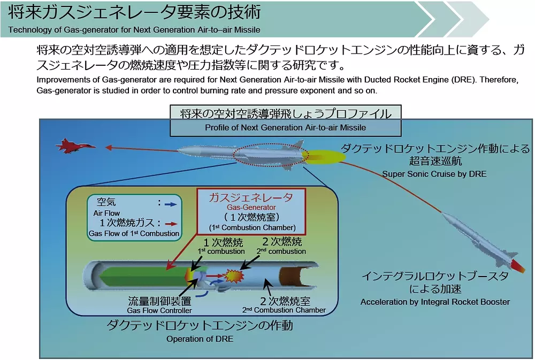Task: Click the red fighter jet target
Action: tap(74, 146)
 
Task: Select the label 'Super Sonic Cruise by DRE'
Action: tap(434, 174)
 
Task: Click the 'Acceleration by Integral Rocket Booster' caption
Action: tap(435, 302)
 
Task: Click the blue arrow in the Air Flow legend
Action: tap(170, 204)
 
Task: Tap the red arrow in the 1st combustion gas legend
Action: tap(171, 225)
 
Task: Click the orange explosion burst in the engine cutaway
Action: tap(234, 276)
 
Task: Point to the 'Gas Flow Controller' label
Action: tap(159, 310)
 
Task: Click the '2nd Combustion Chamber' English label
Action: tap(284, 310)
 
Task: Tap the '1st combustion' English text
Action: tap(221, 251)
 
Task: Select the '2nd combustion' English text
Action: tap(281, 251)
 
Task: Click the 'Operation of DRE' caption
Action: tap(200, 339)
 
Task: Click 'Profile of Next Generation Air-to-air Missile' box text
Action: tap(285, 128)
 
